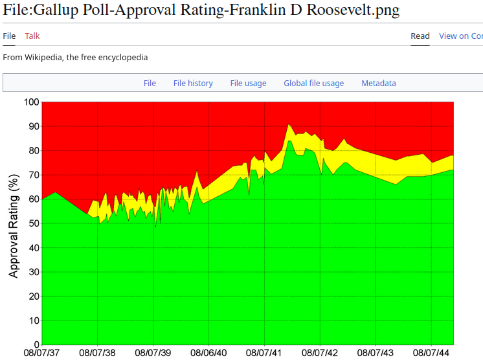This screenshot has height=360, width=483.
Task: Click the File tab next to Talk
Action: (9, 36)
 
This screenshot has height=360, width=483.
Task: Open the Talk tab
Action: (32, 36)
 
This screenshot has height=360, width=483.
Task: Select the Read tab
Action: (420, 36)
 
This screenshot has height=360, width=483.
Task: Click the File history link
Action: (193, 84)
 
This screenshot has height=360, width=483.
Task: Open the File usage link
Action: (248, 84)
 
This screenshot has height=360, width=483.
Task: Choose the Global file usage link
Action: (314, 84)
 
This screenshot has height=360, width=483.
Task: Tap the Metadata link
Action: (379, 84)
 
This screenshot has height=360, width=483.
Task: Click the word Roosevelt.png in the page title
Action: (354, 10)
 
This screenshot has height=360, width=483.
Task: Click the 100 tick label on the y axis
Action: (32, 102)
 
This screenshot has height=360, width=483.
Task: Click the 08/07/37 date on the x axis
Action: (42, 353)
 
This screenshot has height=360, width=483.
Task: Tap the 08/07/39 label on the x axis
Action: (153, 353)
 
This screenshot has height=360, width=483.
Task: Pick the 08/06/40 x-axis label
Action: (209, 353)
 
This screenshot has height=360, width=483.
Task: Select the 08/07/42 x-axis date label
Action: (320, 353)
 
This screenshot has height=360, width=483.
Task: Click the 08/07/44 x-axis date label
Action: (431, 353)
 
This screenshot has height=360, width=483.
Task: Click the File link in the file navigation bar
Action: (150, 84)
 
